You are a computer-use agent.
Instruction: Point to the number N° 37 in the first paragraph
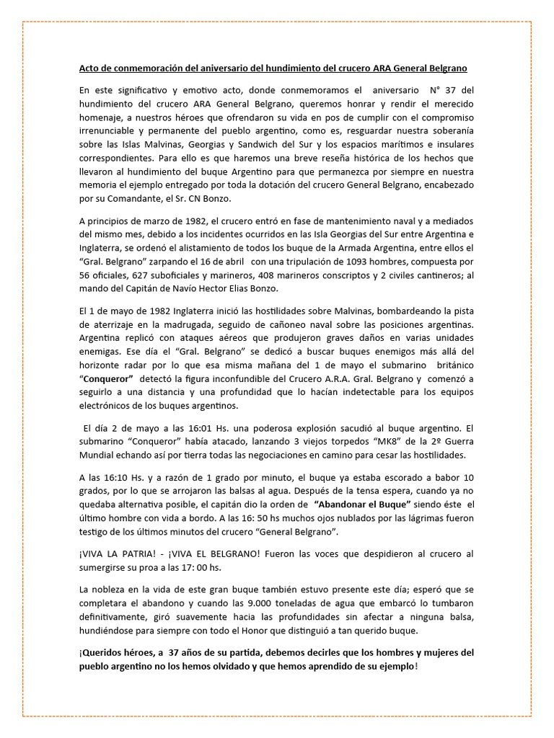[444, 91]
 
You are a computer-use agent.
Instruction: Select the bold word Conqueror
[107, 378]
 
